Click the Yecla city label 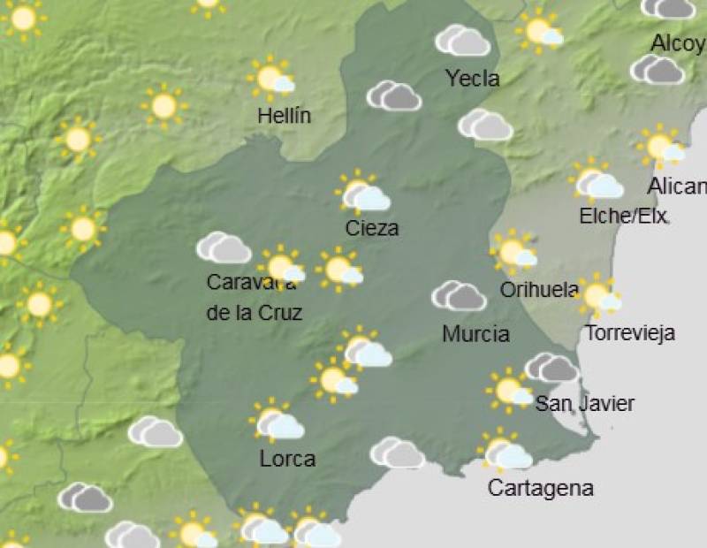(x=473, y=79)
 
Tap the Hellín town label (x=284, y=116)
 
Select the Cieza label (x=372, y=228)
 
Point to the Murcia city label (x=475, y=334)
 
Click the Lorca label (x=287, y=459)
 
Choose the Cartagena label (x=540, y=488)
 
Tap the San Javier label (x=585, y=404)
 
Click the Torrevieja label (x=630, y=333)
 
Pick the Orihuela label (x=539, y=290)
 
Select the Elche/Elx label (x=623, y=216)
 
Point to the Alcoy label (x=677, y=43)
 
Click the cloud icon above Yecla (x=462, y=41)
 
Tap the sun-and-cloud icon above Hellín (x=273, y=78)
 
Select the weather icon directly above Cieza (x=362, y=193)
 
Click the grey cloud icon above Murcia (x=459, y=296)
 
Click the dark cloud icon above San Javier (x=551, y=367)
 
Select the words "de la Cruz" (x=255, y=312)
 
